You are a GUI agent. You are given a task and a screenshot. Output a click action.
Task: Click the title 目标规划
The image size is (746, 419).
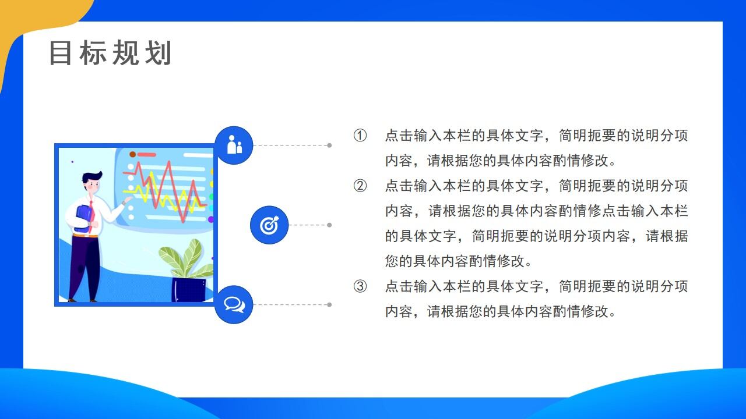coord(110,54)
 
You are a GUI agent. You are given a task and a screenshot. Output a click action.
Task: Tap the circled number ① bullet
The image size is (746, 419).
coord(360,136)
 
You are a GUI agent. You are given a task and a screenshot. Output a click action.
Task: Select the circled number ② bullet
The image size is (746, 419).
coord(360,186)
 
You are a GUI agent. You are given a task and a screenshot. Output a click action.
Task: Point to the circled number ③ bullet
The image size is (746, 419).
coord(360,286)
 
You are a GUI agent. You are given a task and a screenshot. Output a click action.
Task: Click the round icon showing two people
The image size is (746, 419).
coord(234,145)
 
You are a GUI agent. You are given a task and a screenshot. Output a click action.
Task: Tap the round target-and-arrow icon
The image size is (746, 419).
coord(269,225)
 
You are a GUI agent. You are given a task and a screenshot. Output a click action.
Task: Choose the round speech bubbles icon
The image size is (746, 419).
coord(234,304)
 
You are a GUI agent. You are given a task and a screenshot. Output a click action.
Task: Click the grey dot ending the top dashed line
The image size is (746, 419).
coord(329,145)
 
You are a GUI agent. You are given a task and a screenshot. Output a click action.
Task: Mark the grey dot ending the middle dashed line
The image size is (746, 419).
coord(329,225)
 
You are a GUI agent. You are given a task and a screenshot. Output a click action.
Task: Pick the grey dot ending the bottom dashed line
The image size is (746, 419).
coord(329,304)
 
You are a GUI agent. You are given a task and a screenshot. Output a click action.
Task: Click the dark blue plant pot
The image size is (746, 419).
coord(188,289)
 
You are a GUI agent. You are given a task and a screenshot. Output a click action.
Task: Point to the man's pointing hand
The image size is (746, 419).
coord(127,200)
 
